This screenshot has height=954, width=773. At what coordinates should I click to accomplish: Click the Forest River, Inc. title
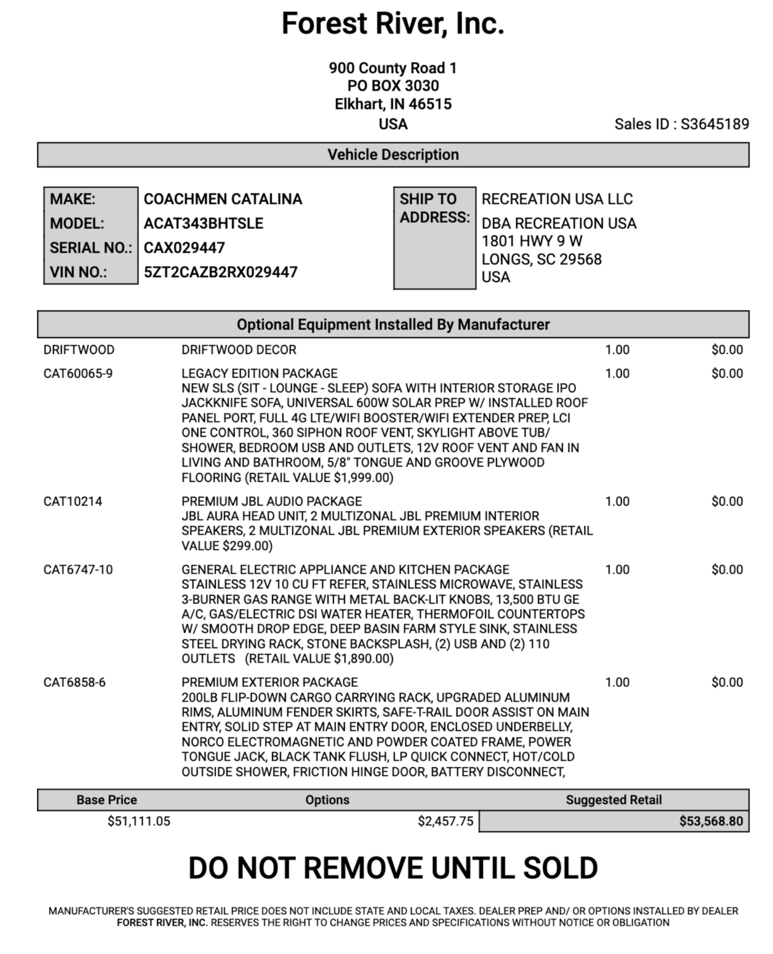pyautogui.click(x=392, y=24)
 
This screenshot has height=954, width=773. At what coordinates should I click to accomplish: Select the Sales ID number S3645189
pyautogui.click(x=715, y=124)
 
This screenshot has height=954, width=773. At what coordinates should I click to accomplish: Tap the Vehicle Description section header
pyautogui.click(x=393, y=155)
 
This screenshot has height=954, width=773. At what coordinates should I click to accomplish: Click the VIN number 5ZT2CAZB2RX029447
pyautogui.click(x=220, y=272)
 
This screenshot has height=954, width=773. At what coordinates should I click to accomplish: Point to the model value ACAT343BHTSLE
pyautogui.click(x=204, y=224)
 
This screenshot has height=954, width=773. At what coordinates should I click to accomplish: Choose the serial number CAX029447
pyautogui.click(x=184, y=248)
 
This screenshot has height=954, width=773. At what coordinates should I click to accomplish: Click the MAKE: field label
pyautogui.click(x=73, y=199)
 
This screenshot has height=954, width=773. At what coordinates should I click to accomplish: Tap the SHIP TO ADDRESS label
pyautogui.click(x=434, y=208)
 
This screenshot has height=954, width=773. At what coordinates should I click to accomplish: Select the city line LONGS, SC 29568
pyautogui.click(x=541, y=259)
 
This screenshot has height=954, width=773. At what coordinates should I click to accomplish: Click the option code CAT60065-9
pyautogui.click(x=78, y=373)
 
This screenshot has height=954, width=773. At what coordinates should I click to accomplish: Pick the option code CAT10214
pyautogui.click(x=73, y=501)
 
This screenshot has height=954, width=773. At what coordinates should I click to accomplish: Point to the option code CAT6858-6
pyautogui.click(x=75, y=683)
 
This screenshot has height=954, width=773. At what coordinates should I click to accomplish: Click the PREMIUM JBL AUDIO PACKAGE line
pyautogui.click(x=271, y=501)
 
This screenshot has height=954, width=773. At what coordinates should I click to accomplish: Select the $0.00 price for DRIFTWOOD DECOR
pyautogui.click(x=727, y=350)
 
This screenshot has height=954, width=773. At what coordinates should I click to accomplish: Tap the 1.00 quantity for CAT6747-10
pyautogui.click(x=617, y=570)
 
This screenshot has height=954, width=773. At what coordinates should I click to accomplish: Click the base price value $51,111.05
pyautogui.click(x=138, y=821)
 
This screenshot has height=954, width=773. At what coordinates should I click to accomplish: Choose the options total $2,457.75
pyautogui.click(x=445, y=821)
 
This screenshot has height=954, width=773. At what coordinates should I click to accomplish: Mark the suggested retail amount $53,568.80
pyautogui.click(x=711, y=821)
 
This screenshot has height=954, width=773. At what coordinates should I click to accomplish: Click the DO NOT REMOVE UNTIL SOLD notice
pyautogui.click(x=392, y=868)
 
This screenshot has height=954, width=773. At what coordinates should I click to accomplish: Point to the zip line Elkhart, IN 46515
pyautogui.click(x=393, y=104)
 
